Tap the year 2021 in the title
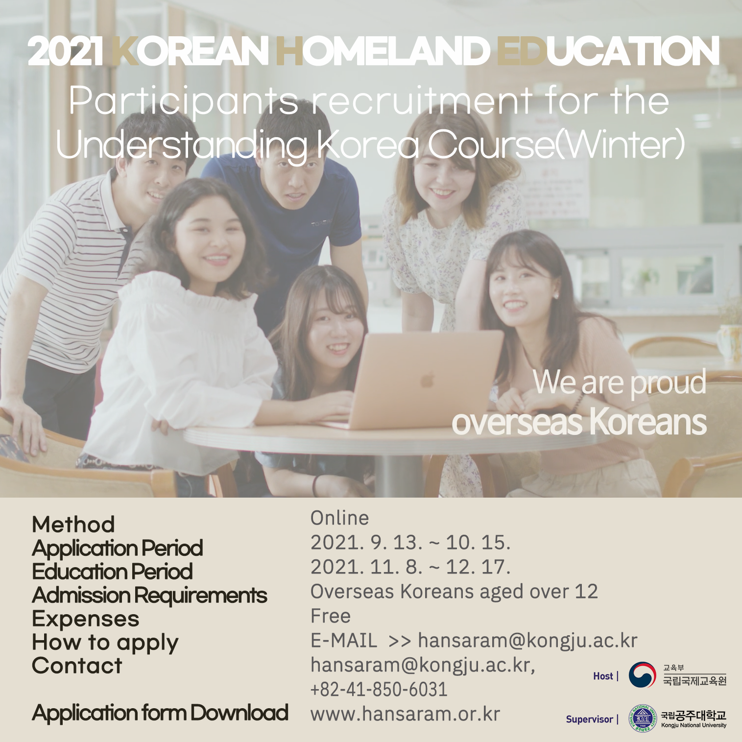[x=66, y=51]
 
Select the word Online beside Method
[x=339, y=518]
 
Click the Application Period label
[x=118, y=548]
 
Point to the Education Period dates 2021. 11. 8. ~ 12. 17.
[x=410, y=567]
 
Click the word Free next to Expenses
[x=331, y=616]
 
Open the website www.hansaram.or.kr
[x=406, y=714]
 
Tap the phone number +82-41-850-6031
[x=379, y=690]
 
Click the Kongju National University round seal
[x=643, y=718]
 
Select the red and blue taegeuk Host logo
[x=642, y=675]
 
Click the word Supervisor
[x=589, y=719]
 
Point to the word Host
[x=603, y=676]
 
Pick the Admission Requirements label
[x=149, y=596]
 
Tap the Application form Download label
[x=160, y=713]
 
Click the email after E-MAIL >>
[x=527, y=641]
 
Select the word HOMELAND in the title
[x=383, y=51]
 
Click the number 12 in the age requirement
[x=586, y=592]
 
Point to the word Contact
[x=77, y=666]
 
